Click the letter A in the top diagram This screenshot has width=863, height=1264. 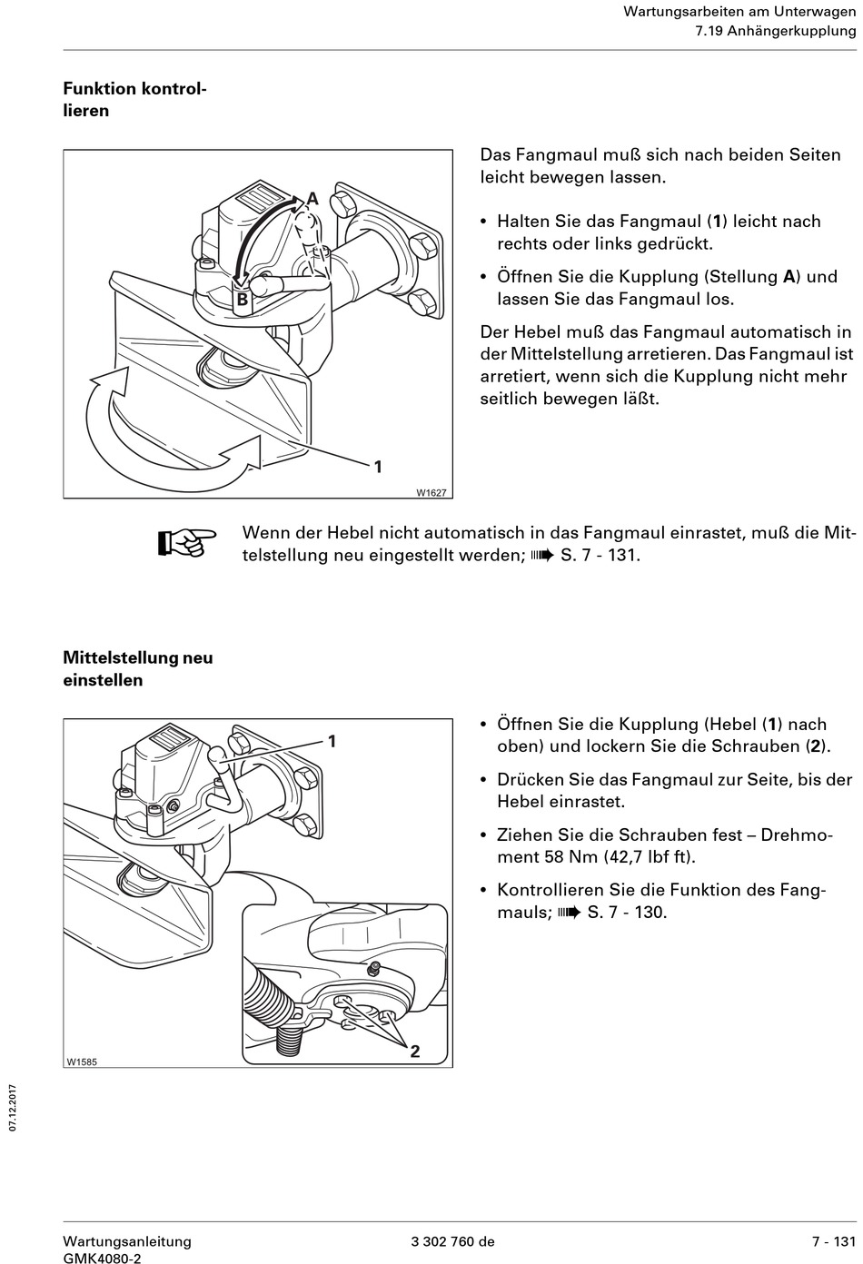coord(312,199)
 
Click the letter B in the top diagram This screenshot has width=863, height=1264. coord(243,299)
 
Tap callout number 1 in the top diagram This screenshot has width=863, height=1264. coord(378,467)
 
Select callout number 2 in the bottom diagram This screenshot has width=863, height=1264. coord(415,1052)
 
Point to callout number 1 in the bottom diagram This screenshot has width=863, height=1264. coord(332,741)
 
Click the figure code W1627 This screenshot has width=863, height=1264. coord(431,492)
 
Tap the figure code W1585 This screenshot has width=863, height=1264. coord(81,1062)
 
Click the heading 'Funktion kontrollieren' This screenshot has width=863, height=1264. coord(134,100)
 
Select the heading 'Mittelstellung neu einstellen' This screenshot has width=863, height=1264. coord(137,668)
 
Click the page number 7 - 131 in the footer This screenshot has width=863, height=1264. coord(834,1241)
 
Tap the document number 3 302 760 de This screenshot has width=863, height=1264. coord(452,1241)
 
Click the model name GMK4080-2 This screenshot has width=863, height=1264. coord(102,1259)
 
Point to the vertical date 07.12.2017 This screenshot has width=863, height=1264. coord(13,1107)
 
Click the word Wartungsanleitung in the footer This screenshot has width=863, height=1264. coord(127,1241)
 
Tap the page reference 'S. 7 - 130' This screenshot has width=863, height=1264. coord(627,912)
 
